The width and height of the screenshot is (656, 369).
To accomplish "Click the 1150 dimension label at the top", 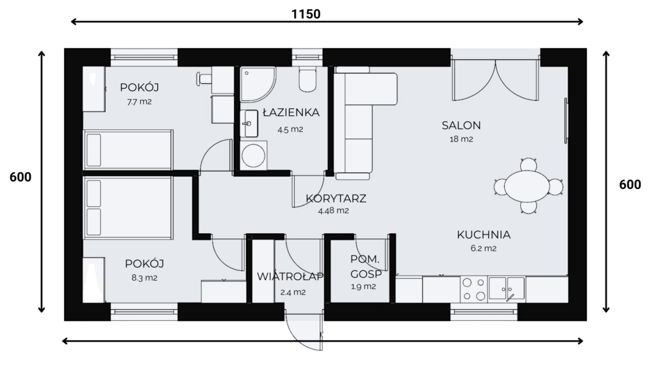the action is point(306,14).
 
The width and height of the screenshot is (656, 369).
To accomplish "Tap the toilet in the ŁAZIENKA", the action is point(307,79).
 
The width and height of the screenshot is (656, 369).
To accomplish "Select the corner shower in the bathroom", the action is point(258,85).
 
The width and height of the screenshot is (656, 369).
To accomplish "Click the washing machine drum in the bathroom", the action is point(253,156).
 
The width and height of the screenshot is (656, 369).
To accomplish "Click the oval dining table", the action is point(527,186).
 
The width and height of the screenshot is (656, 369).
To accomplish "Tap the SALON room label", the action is point(461,125).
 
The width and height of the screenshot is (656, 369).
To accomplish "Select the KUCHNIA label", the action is point(484,234).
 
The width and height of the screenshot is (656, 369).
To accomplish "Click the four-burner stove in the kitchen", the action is point(473,289).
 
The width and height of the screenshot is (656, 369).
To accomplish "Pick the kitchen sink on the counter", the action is point(507,288).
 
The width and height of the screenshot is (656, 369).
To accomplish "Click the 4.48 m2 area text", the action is point(333,211).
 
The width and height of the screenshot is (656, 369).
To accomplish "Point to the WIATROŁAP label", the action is point(290,277).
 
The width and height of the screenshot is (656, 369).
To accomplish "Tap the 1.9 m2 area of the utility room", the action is point(363,287).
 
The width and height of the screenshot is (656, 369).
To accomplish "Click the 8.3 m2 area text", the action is point(144,278).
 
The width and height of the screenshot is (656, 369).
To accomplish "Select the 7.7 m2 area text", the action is point(139,102).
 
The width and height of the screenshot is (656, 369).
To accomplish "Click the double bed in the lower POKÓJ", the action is point(128,208).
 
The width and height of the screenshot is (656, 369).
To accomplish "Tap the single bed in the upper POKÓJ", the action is point(128,150).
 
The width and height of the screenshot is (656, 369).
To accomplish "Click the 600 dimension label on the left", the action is point(20,177).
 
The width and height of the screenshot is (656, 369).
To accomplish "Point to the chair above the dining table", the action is point(529,165).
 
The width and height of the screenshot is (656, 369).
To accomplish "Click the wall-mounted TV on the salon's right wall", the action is point(566,120).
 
